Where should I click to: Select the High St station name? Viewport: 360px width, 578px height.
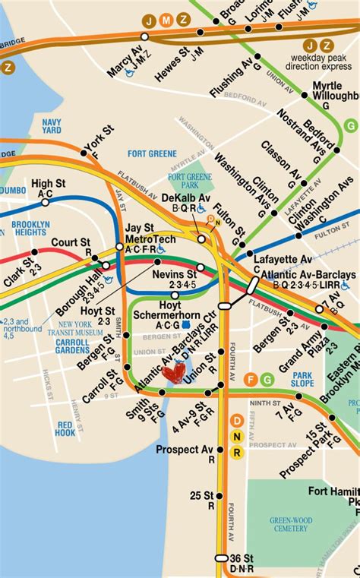coord(47,184)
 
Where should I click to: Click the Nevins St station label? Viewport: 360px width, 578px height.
coord(175,273)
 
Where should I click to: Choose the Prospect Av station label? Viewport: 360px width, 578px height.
coord(185,449)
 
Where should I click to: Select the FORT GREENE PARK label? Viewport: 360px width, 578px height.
coord(185,180)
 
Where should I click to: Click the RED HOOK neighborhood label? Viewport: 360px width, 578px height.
coord(65,428)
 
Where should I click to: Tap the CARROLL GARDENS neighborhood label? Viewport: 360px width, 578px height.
coord(72,346)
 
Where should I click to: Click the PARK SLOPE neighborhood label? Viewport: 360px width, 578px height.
coord(303,379)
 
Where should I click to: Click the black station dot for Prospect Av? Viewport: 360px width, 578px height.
coord(220,449)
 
